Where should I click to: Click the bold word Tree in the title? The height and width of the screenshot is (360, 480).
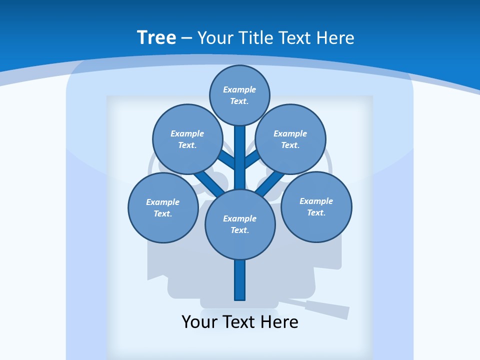(x=156, y=37)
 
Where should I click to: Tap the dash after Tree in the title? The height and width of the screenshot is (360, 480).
(x=186, y=38)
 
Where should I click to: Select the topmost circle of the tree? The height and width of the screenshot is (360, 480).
(x=239, y=95)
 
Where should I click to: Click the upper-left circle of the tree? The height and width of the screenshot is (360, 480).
(x=187, y=139)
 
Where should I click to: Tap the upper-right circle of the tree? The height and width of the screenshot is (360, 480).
(x=290, y=139)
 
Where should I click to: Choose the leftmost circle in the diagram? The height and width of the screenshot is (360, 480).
(x=162, y=207)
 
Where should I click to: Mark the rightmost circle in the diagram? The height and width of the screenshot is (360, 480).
(x=316, y=206)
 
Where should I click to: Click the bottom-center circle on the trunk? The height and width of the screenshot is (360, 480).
(x=240, y=224)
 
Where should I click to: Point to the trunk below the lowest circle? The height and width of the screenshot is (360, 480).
(x=240, y=280)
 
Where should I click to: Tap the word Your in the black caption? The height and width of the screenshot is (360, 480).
(x=199, y=322)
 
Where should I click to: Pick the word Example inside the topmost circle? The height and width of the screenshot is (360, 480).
(x=239, y=89)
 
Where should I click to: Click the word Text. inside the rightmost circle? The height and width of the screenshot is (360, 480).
(x=316, y=212)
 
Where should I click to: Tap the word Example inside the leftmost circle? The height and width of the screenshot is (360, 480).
(x=162, y=202)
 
